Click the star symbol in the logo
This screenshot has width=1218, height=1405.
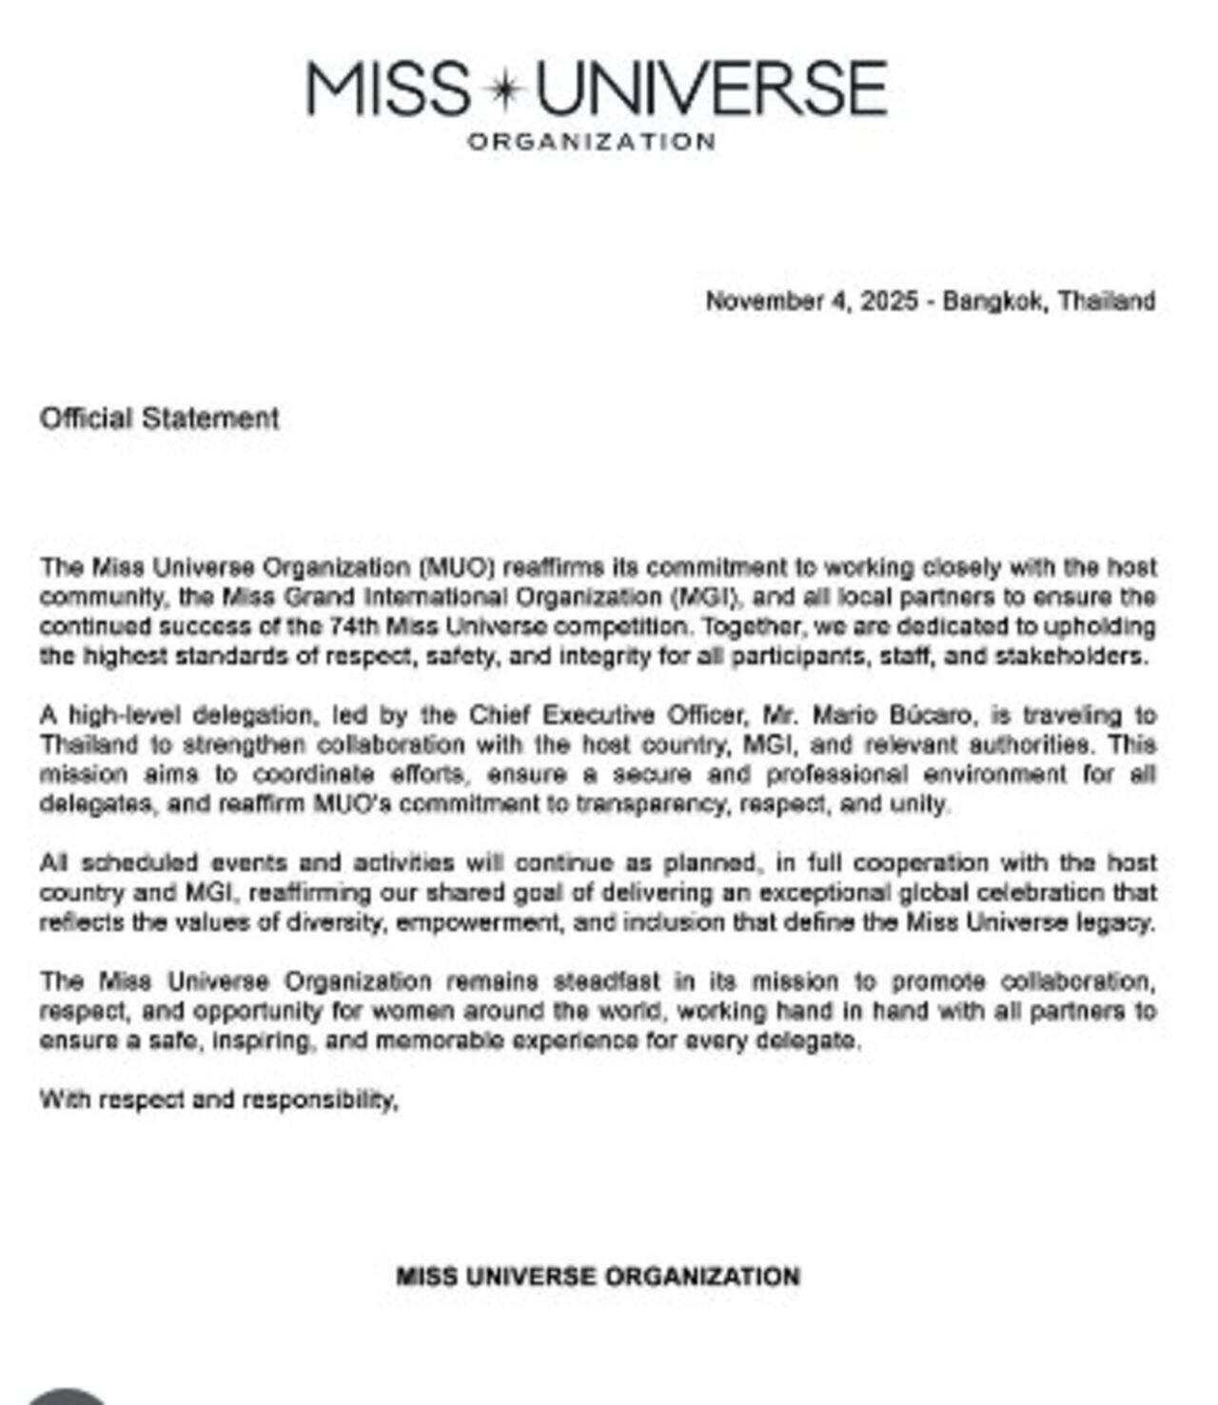(x=503, y=89)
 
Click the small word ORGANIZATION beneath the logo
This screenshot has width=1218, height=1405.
(x=591, y=142)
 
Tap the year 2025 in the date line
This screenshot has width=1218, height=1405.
(x=889, y=301)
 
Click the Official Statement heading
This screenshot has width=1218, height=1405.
(x=159, y=418)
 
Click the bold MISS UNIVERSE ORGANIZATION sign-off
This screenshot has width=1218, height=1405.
(x=598, y=1276)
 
